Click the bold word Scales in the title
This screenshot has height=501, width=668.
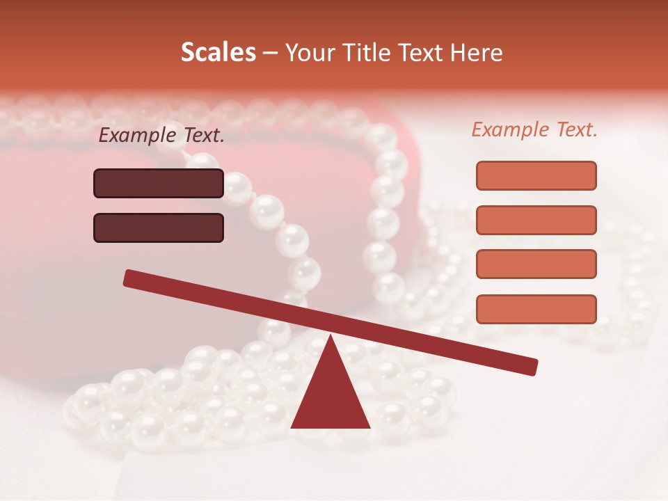[218, 52]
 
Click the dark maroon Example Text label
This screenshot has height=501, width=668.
[161, 136]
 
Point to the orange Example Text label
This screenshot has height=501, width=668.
[534, 129]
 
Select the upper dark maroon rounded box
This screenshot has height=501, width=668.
[159, 183]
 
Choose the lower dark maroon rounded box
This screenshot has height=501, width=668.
[159, 228]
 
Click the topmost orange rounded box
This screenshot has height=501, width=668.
[536, 175]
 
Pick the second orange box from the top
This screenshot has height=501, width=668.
[536, 220]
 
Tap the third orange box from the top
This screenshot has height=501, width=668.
[536, 264]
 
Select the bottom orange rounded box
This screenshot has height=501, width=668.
[536, 309]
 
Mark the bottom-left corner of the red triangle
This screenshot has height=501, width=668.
[292, 427]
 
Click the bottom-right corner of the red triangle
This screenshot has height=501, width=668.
[369, 427]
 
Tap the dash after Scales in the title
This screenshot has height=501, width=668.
[270, 53]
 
